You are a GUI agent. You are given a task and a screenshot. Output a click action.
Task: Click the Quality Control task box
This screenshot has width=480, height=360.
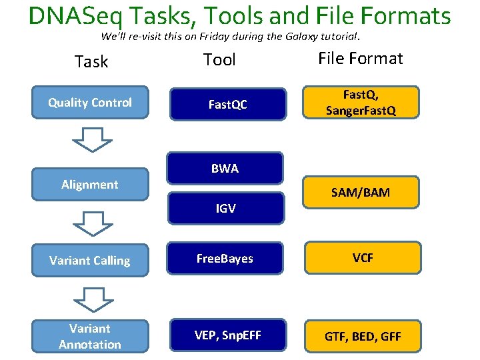tap(90, 103)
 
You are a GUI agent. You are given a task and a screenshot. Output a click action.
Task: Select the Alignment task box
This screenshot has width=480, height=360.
tap(90, 185)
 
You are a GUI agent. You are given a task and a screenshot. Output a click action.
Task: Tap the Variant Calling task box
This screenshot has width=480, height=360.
tap(90, 260)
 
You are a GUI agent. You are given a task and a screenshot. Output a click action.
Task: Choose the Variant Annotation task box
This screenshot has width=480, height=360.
tap(90, 336)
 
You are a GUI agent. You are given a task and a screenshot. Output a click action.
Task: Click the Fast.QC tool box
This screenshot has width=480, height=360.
tap(227, 105)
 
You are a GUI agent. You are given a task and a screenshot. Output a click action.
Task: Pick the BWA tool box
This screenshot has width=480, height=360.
tap(225, 169)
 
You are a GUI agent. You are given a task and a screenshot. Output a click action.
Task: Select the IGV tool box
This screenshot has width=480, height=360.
tap(225, 209)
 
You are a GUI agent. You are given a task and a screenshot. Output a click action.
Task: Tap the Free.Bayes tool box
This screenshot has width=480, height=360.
tap(225, 259)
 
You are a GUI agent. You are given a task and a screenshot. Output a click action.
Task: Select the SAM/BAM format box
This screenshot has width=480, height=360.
tap(361, 193)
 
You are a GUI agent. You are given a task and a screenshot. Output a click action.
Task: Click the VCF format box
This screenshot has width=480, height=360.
tap(363, 258)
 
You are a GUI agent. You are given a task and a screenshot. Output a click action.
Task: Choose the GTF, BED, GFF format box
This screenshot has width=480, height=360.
tap(363, 337)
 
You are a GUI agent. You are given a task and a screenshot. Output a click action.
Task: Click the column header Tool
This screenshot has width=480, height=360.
tap(219, 60)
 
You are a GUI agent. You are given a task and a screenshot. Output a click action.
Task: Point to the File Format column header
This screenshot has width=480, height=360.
tap(361, 59)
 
